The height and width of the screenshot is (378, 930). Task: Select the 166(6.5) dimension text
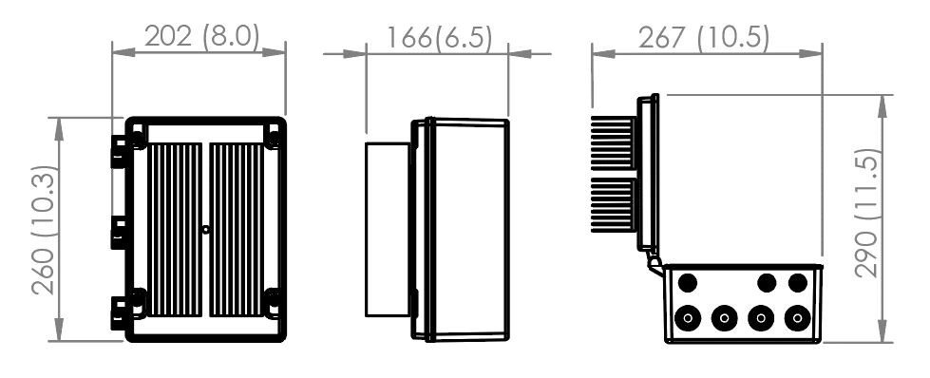click(439, 37)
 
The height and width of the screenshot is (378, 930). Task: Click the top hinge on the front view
click(121, 149)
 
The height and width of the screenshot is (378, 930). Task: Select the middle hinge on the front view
click(121, 230)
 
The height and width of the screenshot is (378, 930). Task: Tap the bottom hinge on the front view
click(121, 309)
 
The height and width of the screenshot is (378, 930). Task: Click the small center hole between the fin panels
click(206, 229)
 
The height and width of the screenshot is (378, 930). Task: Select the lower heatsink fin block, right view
click(614, 204)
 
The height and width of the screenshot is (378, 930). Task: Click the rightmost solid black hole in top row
click(798, 282)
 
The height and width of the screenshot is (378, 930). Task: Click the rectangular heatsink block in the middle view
click(389, 229)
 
